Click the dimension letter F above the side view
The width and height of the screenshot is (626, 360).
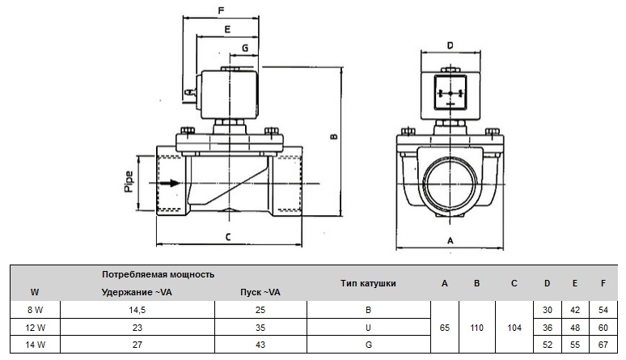pyautogui.click(x=221, y=11)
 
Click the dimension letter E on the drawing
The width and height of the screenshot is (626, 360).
pyautogui.click(x=227, y=29)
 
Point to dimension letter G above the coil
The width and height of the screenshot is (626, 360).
pyautogui.click(x=245, y=49)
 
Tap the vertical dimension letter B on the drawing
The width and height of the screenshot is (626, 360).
pyautogui.click(x=334, y=137)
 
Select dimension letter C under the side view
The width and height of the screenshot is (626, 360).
pyautogui.click(x=228, y=237)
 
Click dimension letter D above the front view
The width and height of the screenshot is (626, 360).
pyautogui.click(x=449, y=44)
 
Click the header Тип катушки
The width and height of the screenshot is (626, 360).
pyautogui.click(x=368, y=283)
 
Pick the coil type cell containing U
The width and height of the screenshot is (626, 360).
pyautogui.click(x=368, y=328)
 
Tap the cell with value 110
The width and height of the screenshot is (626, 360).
pyautogui.click(x=477, y=328)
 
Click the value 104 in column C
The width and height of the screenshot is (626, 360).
pyautogui.click(x=514, y=328)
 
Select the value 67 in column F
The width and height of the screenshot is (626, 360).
pyautogui.click(x=603, y=345)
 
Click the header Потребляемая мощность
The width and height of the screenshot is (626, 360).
pyautogui.click(x=158, y=274)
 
